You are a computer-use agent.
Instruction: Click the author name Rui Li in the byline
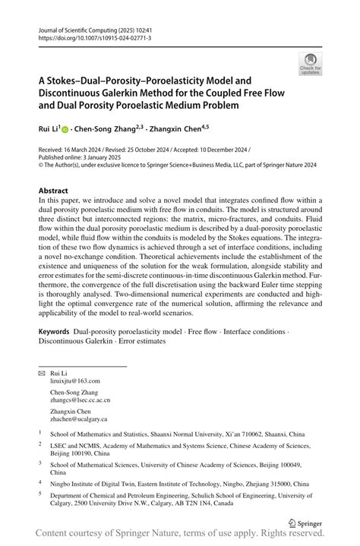click(x=48, y=130)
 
